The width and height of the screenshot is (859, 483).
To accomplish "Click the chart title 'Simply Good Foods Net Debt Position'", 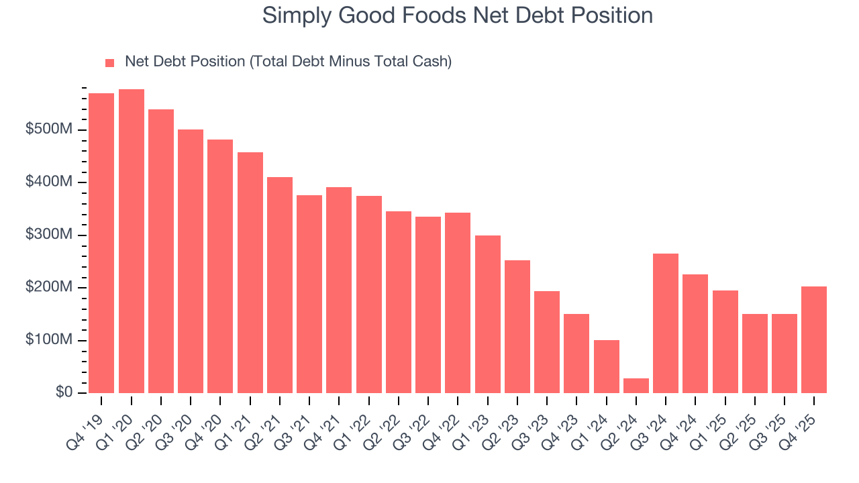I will pyautogui.click(x=457, y=15).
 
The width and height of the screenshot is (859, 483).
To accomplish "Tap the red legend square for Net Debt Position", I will pyautogui.click(x=110, y=63).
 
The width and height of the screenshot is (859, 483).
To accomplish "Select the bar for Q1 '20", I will pyautogui.click(x=132, y=241).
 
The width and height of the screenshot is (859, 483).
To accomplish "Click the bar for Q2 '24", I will pyautogui.click(x=636, y=386).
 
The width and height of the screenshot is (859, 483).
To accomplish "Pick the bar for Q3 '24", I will pyautogui.click(x=665, y=323).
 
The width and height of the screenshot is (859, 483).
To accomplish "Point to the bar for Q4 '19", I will pyautogui.click(x=101, y=244).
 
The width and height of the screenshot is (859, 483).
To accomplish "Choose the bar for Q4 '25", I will pyautogui.click(x=813, y=339).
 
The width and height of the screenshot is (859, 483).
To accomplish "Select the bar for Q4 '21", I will pyautogui.click(x=339, y=290).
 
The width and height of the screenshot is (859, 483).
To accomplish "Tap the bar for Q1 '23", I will pyautogui.click(x=487, y=314).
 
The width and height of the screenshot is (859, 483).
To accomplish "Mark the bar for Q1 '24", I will pyautogui.click(x=606, y=366).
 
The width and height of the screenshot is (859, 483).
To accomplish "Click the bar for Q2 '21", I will pyautogui.click(x=280, y=285).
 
